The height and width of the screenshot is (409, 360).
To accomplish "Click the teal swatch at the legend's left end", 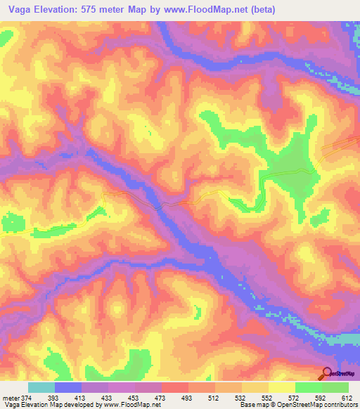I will point(41,387).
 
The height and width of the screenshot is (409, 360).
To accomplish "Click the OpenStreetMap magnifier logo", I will point(326,373).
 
